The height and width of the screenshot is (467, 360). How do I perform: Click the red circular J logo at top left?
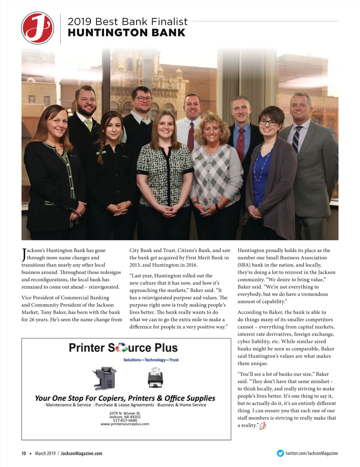click(38, 28)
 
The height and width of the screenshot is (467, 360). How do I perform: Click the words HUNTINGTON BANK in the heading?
click(127, 33)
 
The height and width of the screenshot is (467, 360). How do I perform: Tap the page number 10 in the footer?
click(24, 454)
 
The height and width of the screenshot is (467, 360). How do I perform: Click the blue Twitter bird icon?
click(280, 453)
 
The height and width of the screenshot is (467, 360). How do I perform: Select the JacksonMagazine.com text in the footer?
click(81, 454)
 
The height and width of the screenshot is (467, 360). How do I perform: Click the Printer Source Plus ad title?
click(123, 348)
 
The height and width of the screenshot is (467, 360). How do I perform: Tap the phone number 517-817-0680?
click(125, 420)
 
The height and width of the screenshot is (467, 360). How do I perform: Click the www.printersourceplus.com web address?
click(125, 424)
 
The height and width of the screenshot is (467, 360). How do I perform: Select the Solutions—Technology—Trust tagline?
click(151, 360)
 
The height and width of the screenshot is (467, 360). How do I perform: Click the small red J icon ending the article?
click(263, 426)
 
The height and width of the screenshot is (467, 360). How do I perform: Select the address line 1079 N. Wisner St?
click(125, 413)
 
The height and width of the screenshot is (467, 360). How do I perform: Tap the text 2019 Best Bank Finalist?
click(127, 22)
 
